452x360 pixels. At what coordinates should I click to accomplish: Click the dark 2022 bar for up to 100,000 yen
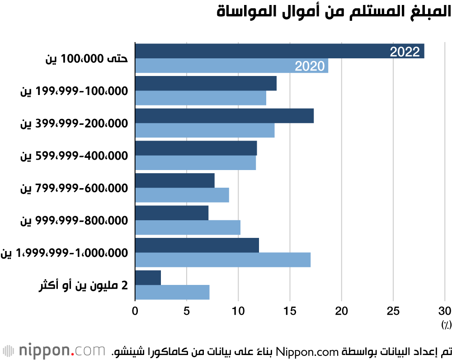point(262,51)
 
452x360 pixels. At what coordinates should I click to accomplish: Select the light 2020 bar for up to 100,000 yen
point(217,66)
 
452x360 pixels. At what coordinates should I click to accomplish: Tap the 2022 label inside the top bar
point(405,52)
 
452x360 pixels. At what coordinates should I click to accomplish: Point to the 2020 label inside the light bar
point(310,66)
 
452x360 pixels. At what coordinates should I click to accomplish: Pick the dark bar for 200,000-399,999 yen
point(224,116)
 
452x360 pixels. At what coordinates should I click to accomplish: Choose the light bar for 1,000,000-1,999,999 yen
point(223,260)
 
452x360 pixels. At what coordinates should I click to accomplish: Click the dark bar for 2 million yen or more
point(148,278)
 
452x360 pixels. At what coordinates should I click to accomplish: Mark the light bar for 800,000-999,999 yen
point(188,227)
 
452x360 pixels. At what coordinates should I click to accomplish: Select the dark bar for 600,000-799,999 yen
point(175,180)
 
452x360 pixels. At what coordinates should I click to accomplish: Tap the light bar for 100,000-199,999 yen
point(201,98)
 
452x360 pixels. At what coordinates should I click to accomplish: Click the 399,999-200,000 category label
point(74,123)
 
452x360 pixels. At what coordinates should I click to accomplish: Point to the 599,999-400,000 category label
point(74,156)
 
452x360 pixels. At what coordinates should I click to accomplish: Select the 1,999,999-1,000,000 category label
point(65,253)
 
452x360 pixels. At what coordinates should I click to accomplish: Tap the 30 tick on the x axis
point(445,311)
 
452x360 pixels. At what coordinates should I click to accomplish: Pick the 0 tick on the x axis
point(135,311)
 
